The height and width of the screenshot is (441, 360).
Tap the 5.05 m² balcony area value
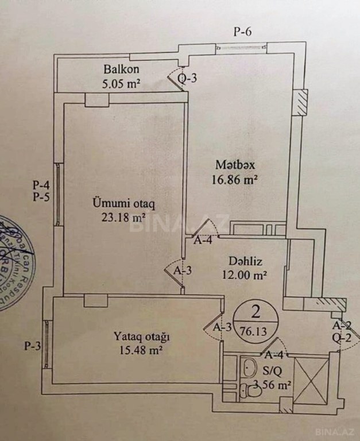click(121, 82)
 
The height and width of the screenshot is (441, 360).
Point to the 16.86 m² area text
click(233, 179)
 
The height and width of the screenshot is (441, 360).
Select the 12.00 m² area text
click(243, 274)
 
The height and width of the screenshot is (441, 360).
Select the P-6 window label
click(243, 32)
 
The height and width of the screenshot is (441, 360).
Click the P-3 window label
click(32, 346)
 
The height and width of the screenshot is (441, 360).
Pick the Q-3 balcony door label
click(188, 79)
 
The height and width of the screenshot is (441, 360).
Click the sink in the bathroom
click(250, 367)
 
